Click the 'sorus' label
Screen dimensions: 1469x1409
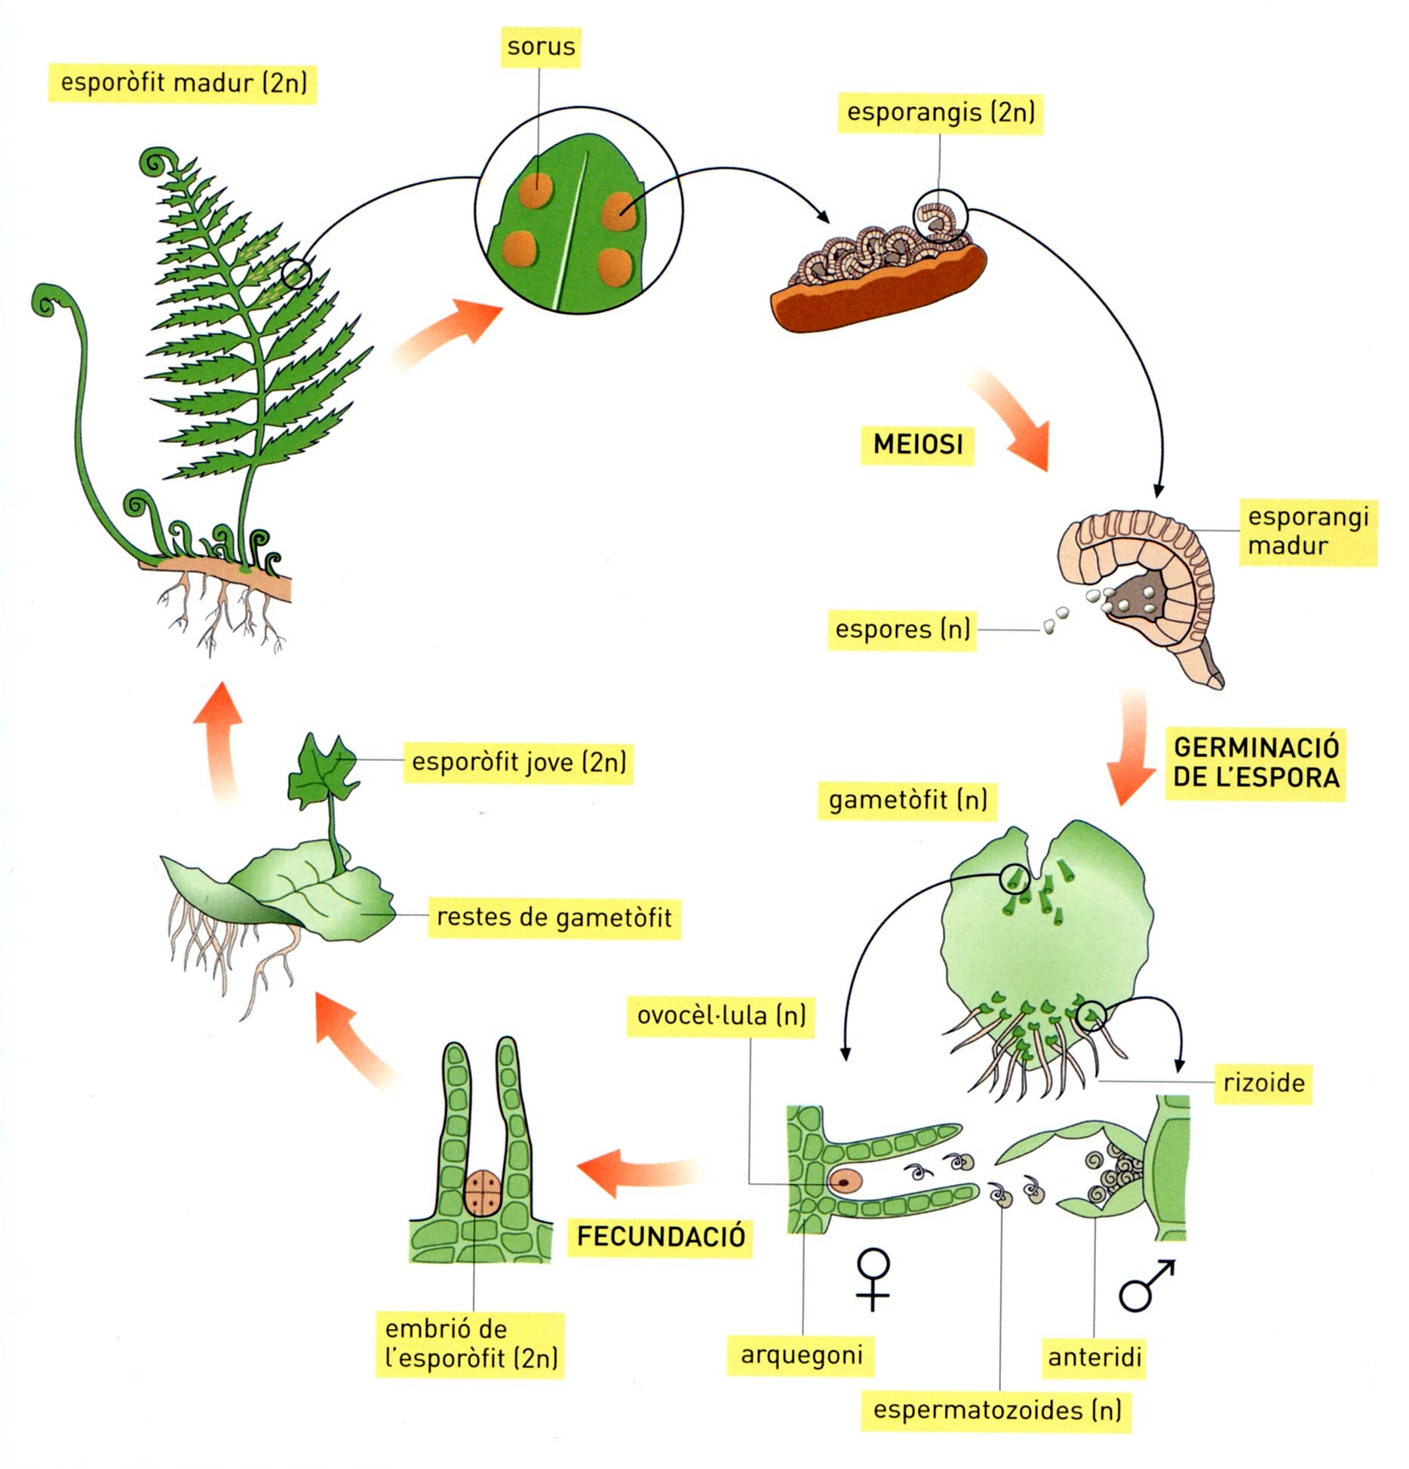(541, 47)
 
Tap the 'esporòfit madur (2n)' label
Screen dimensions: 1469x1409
(183, 82)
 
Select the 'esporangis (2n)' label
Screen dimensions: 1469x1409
(940, 112)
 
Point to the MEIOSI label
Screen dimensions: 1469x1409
(917, 444)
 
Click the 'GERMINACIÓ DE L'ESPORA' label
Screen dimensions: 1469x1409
(1256, 762)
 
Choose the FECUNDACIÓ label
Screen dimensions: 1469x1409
(661, 1237)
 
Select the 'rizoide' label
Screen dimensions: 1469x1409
(1263, 1084)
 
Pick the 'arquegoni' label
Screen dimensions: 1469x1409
(801, 1355)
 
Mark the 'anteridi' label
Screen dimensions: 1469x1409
(1094, 1357)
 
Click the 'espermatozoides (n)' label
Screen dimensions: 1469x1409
(996, 1410)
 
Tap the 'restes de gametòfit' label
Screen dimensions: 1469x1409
(554, 918)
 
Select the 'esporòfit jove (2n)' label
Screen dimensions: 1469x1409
(518, 762)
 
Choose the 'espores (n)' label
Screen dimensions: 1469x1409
(902, 629)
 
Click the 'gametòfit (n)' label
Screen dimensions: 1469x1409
(907, 800)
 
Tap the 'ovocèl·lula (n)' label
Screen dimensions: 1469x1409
(721, 1016)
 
